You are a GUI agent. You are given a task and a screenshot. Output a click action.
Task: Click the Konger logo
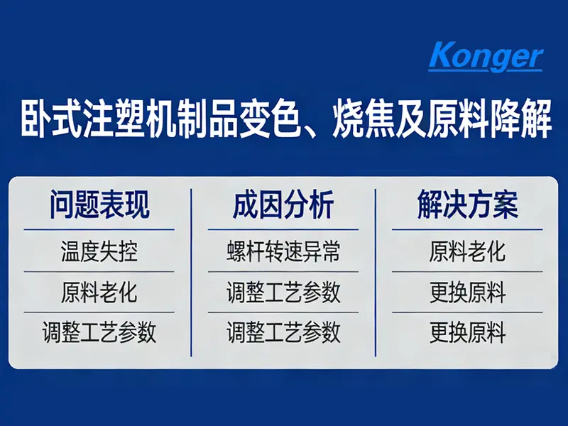(486, 57)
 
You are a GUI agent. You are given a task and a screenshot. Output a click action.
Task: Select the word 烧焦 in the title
(361, 121)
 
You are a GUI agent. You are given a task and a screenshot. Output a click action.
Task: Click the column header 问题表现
(99, 206)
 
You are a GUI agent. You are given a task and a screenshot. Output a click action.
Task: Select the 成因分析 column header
(283, 206)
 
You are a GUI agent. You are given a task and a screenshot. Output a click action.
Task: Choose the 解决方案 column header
(467, 206)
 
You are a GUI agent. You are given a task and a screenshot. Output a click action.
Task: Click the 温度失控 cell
(99, 251)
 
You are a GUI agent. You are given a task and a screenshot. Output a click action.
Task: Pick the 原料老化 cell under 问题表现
(99, 292)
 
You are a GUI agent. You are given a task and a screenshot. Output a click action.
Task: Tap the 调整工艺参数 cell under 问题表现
(99, 332)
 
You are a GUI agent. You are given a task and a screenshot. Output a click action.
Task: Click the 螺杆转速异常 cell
(283, 251)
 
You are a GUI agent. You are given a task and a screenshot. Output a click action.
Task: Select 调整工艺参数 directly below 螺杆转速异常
(283, 292)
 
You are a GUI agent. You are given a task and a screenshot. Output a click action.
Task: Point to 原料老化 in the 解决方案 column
(467, 251)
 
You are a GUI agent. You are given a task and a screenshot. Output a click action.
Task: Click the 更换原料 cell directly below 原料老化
(467, 292)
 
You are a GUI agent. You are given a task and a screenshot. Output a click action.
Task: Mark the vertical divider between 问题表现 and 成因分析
(192, 273)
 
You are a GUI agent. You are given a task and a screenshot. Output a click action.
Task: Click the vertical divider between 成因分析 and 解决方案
(375, 273)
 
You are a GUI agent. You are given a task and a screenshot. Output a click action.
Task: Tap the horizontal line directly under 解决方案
(467, 230)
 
